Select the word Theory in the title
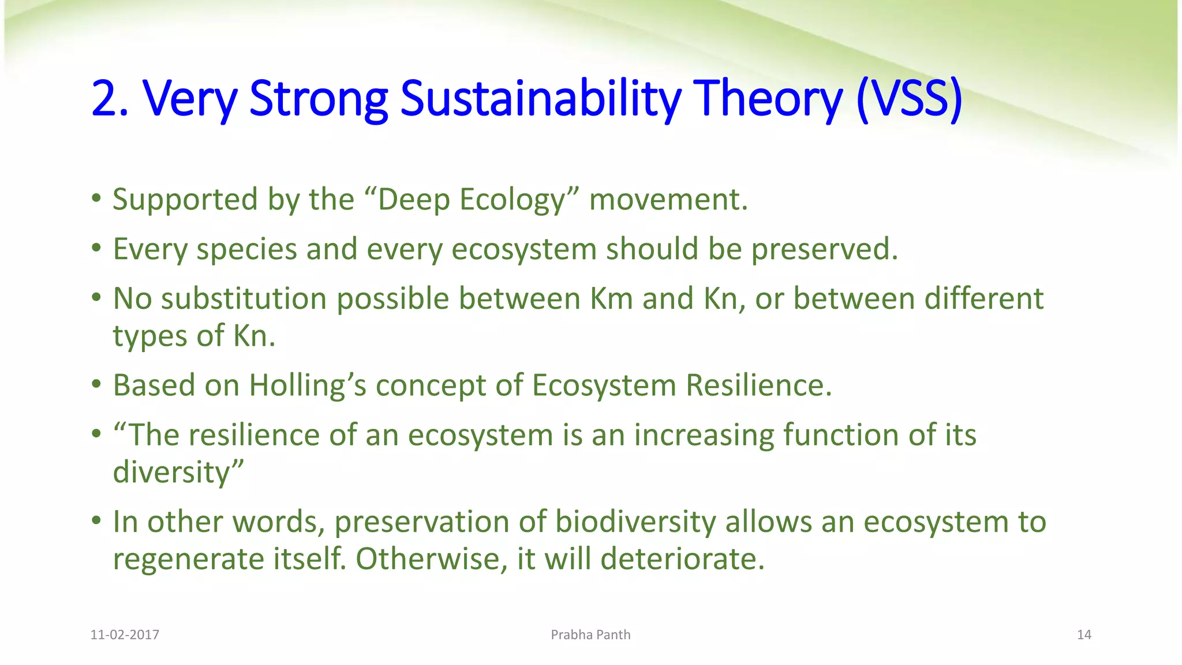pos(768,99)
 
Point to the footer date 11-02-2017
pos(125,634)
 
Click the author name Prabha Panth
pos(590,634)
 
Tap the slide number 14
pos(1084,634)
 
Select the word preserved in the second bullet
pos(824,250)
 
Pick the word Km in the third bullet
pos(611,299)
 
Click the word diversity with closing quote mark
pos(178,473)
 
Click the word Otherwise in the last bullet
pos(427,559)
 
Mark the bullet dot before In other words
pos(96,522)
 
